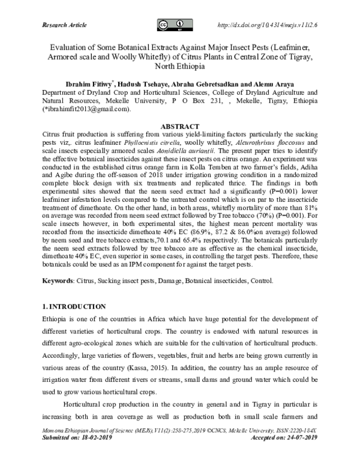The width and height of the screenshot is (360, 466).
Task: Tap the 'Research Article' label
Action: click(x=65, y=25)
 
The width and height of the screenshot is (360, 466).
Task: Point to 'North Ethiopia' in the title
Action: click(x=179, y=67)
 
